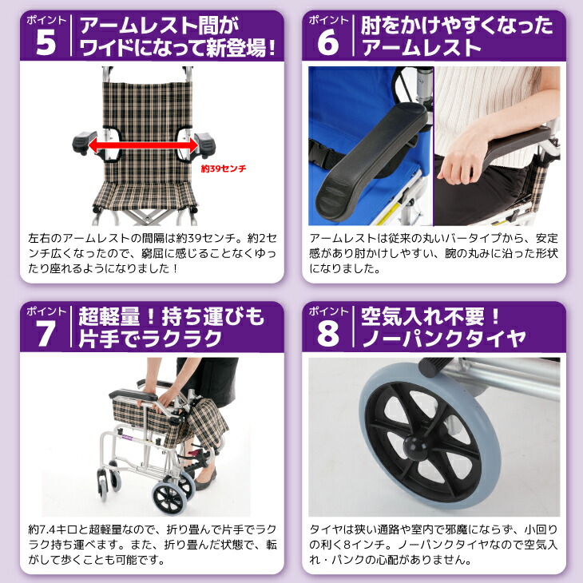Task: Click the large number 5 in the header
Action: [46, 43]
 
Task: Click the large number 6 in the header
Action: [327, 43]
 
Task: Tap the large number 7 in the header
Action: [46, 335]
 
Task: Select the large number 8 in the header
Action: [327, 335]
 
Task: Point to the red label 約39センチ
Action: [224, 169]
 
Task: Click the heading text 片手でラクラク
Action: [150, 339]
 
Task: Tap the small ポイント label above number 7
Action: [46, 311]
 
